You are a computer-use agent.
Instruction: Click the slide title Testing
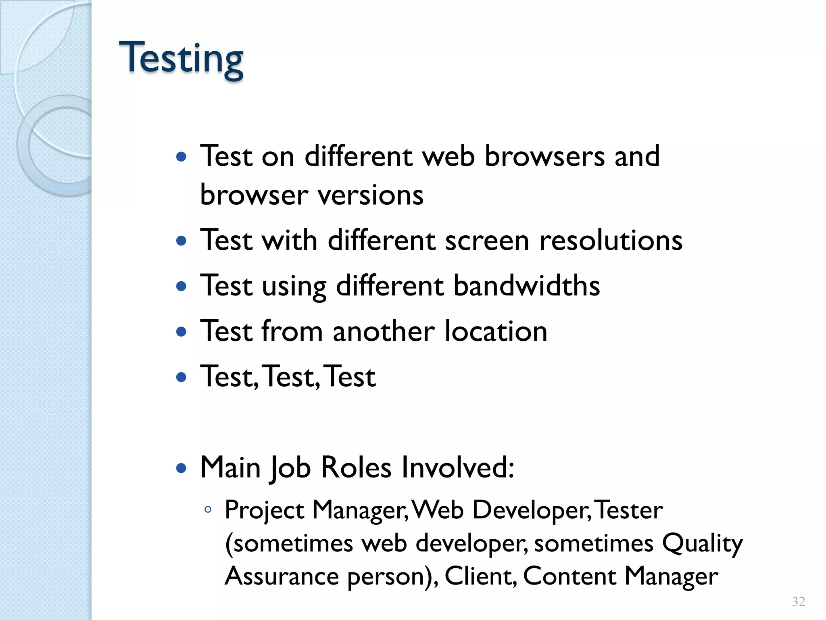tap(181, 59)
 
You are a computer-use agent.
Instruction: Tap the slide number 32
tap(799, 601)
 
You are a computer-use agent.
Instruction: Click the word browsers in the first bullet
tap(544, 156)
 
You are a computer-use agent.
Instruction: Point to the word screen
tap(487, 241)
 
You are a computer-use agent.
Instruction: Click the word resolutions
tap(611, 241)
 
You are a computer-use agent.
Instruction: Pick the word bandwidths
tap(527, 286)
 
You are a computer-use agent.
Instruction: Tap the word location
tap(496, 331)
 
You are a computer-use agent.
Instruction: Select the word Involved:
tap(458, 467)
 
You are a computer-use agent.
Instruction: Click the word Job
tap(290, 467)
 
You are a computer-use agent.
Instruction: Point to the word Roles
tap(356, 467)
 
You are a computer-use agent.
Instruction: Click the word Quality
tap(702, 543)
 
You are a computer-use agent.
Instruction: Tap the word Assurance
tap(282, 576)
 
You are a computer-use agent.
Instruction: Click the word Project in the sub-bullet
tap(264, 510)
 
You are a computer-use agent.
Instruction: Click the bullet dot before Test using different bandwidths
tap(181, 287)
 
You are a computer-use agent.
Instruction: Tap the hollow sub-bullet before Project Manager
tap(208, 510)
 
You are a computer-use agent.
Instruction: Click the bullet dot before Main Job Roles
tap(181, 468)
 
